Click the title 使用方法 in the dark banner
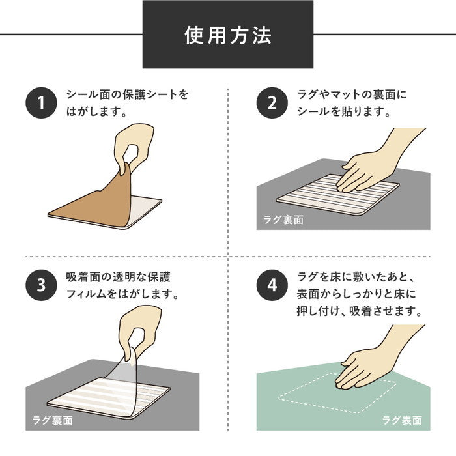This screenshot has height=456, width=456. (227, 35)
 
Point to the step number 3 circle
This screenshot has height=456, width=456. (41, 285)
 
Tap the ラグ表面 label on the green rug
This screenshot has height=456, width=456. (402, 420)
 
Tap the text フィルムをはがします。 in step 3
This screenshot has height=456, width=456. (123, 293)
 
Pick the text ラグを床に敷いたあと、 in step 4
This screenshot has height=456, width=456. (355, 276)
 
